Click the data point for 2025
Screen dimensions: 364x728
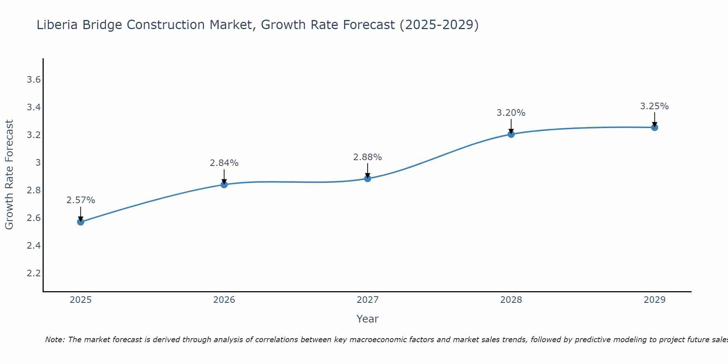coord(80,222)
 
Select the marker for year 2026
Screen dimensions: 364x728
coord(224,185)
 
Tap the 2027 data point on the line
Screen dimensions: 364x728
coord(368,178)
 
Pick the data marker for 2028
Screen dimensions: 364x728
coord(511,134)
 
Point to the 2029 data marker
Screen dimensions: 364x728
coord(654,127)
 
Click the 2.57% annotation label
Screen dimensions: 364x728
coord(81,200)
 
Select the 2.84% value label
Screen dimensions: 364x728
coord(224,163)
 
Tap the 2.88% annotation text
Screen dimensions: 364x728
coord(368,157)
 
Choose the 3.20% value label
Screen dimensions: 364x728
coord(511,113)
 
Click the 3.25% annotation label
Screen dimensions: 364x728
coord(654,106)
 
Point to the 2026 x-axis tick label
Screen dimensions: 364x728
coord(224,300)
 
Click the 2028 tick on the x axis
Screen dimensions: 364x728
coord(511,300)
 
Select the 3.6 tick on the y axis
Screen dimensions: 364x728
coord(33,80)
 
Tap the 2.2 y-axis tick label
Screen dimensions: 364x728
coord(33,273)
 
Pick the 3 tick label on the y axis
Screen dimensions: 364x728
coord(38,162)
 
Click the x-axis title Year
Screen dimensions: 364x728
coord(368,319)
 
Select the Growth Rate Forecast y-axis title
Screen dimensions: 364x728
coord(9,175)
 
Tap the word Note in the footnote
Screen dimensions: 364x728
coord(54,340)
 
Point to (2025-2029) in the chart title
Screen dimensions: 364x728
coord(439,25)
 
